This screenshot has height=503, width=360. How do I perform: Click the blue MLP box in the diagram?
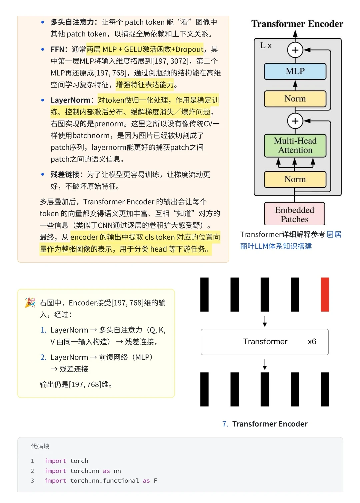295,71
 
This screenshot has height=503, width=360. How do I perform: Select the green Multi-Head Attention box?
295,145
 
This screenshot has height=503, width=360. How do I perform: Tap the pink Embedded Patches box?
295,214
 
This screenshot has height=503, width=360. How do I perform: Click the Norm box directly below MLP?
295,99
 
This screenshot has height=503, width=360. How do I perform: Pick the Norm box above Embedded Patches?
295,179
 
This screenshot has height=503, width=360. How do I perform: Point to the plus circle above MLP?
295,50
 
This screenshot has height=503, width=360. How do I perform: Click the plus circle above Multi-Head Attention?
295,121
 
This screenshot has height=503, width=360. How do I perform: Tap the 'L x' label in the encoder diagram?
266,46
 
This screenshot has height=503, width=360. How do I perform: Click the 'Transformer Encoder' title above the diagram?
297,24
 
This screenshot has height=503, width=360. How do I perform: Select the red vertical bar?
325,294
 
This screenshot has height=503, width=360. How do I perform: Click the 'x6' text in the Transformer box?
312,342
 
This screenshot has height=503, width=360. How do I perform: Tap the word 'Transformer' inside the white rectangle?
265,342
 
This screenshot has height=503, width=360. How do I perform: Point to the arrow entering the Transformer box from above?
265,321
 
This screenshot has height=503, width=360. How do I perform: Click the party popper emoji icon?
30,303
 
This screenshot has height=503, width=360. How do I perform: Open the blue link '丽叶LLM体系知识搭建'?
276,246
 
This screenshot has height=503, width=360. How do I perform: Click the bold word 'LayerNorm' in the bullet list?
70,100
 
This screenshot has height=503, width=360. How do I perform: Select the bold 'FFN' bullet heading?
57,49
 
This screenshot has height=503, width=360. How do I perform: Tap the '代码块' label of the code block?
40,446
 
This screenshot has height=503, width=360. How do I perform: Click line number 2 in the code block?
32,471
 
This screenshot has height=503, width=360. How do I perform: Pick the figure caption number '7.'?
225,424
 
